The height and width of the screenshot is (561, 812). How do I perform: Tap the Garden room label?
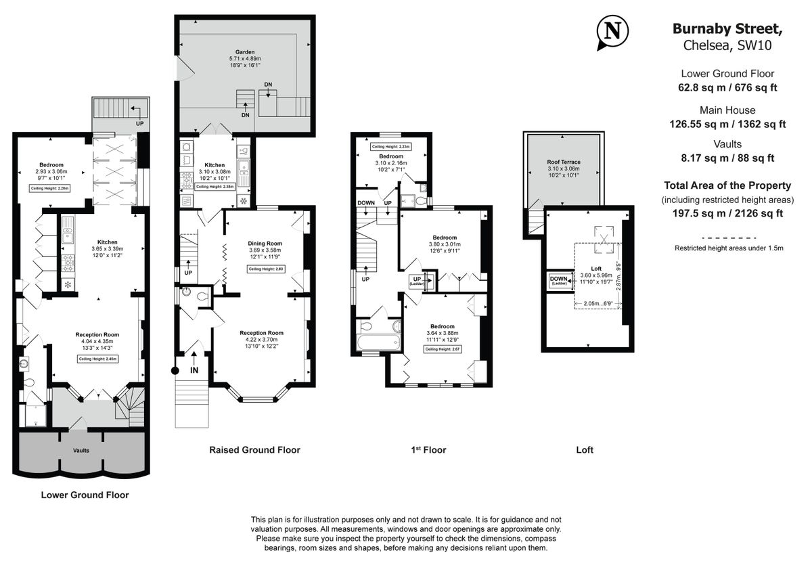(244, 51)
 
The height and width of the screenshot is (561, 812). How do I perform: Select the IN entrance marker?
(194, 369)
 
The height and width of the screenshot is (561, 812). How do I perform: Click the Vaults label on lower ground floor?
(81, 450)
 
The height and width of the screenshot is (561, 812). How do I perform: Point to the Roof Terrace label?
(564, 162)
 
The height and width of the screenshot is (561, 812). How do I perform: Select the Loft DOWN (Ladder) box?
(559, 280)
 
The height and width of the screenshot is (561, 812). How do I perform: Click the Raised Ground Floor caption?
(254, 450)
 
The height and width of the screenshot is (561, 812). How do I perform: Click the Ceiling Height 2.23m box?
(390, 147)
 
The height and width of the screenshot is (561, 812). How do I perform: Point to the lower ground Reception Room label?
(97, 334)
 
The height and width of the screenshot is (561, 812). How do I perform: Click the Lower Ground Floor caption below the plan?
(85, 495)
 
